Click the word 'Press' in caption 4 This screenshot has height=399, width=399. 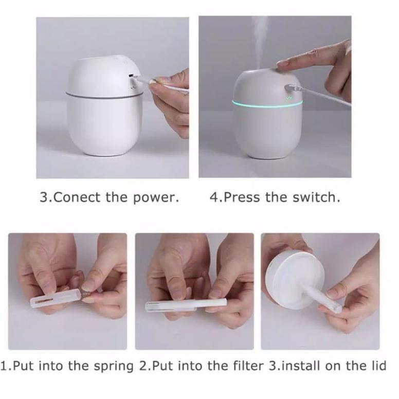tap(242, 198)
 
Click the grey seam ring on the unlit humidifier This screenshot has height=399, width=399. tap(103, 96)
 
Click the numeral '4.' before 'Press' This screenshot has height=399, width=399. tap(214, 198)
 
